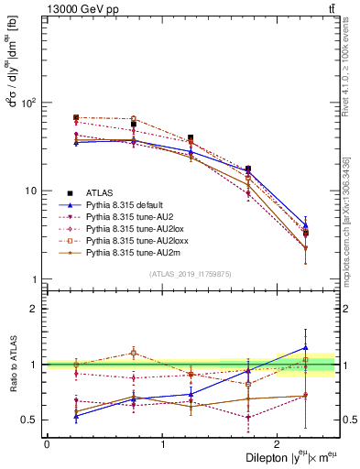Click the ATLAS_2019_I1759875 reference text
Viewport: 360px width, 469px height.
pos(191,274)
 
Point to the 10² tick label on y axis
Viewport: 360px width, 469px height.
pos(29,103)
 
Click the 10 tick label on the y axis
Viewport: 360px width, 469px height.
pos(31,191)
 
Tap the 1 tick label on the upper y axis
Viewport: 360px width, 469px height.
pos(36,278)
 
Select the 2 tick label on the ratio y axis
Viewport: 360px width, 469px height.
pos(35,309)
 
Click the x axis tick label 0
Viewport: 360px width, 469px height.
pos(47,443)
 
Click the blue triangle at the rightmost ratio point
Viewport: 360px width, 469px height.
pos(306,347)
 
